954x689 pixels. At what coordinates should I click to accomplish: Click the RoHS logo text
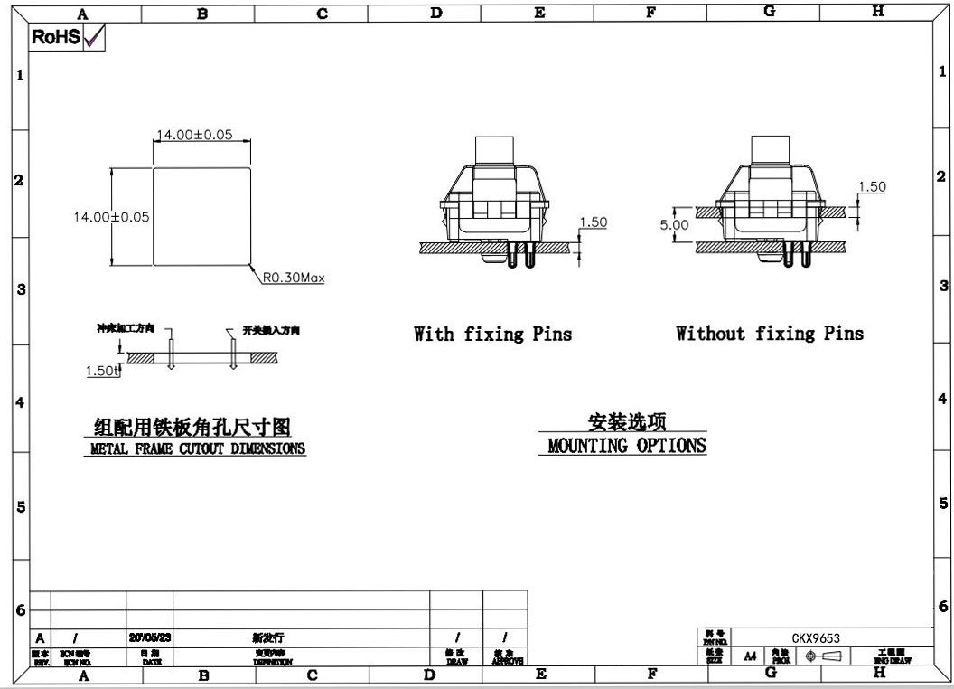56,37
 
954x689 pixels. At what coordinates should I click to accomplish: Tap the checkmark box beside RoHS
94,37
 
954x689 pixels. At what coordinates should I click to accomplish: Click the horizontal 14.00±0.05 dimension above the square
194,135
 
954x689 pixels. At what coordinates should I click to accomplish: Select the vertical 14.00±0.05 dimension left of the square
111,217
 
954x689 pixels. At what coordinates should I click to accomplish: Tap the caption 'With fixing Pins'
492,334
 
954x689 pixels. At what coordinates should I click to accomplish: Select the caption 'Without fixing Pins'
770,334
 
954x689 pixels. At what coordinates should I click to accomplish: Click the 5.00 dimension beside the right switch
674,225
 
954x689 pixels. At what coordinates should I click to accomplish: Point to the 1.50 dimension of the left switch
593,222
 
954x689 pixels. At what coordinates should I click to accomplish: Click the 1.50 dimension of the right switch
872,187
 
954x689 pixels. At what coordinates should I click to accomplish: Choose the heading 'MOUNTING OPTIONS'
627,446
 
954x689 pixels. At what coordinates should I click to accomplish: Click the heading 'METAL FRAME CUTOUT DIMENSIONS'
198,448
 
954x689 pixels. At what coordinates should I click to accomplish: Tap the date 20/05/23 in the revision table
150,637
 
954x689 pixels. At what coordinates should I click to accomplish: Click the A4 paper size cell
749,656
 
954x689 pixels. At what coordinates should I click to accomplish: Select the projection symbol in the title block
827,656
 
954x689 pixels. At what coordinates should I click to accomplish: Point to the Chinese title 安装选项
627,421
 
